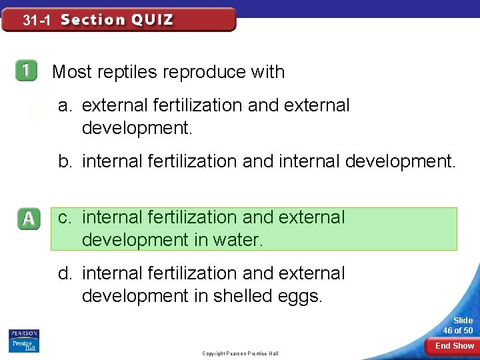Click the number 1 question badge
coord(27,71)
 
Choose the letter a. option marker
coord(65,105)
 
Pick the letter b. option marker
coord(65,161)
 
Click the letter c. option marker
coord(65,217)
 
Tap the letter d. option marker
coord(65,273)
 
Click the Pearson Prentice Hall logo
coord(24,340)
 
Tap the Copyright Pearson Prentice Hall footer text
coord(240,353)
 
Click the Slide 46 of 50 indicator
coord(459,325)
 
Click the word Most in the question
coord(71,72)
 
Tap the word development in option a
coord(137,128)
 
